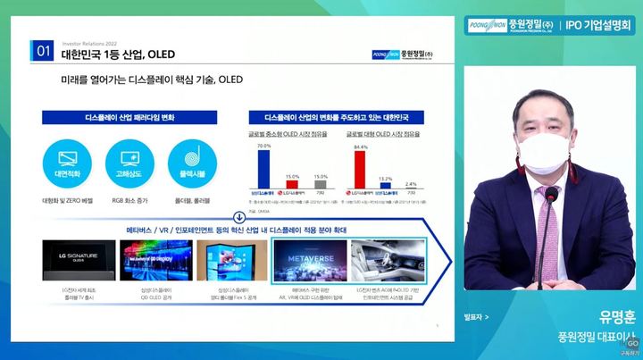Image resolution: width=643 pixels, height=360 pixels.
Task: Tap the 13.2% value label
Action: point(386,179)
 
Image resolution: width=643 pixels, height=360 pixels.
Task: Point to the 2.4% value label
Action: point(410,184)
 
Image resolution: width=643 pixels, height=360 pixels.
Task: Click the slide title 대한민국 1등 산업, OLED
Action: point(118,54)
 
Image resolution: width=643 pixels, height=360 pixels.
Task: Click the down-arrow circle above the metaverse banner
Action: point(238,217)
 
